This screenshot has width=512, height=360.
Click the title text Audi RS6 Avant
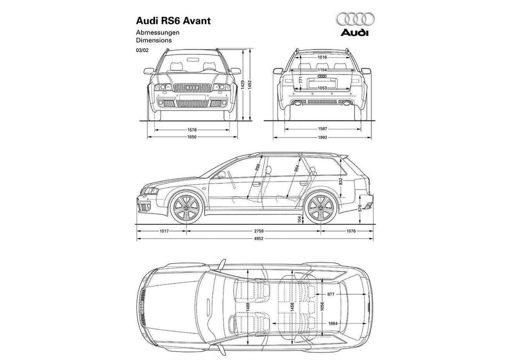[x=173, y=21]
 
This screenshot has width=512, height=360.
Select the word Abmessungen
[x=157, y=32]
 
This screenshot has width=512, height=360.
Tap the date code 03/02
[x=142, y=50]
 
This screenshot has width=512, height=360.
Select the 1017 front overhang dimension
[x=164, y=231]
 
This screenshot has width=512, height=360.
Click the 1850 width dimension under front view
[x=192, y=137]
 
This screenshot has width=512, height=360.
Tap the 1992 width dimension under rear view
[x=322, y=137]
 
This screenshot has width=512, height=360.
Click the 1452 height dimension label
[x=250, y=85]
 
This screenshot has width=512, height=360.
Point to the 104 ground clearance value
[x=300, y=218]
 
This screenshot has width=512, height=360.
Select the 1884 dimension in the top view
[x=332, y=323]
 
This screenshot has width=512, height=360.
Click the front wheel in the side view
[x=186, y=208]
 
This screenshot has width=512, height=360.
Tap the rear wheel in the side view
[x=320, y=208]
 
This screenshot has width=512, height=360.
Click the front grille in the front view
[x=192, y=87]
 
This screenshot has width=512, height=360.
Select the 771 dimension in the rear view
[x=301, y=79]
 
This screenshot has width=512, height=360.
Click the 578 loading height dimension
[x=360, y=208]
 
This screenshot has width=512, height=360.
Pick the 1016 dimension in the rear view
[x=322, y=57]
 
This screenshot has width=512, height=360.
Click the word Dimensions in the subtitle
[x=154, y=40]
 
